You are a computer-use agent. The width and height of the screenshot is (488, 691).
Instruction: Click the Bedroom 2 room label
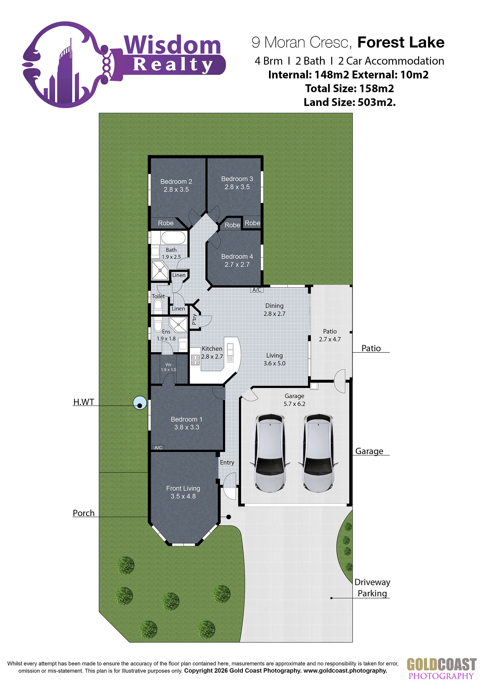176,182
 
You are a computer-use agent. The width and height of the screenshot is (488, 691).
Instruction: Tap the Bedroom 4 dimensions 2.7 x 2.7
237,265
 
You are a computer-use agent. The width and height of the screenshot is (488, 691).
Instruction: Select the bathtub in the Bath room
173,238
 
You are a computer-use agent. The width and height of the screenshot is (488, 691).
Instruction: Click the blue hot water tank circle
140,403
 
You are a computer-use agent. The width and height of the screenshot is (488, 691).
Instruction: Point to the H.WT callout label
84,402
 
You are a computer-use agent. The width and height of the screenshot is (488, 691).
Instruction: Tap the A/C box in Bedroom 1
158,448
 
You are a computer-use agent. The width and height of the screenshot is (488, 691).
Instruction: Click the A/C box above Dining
257,290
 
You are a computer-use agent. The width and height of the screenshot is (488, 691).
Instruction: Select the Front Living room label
183,488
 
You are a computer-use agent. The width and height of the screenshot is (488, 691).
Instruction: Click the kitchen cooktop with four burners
196,360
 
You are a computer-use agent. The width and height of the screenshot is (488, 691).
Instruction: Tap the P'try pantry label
194,320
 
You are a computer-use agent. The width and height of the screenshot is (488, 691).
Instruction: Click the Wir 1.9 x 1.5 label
168,367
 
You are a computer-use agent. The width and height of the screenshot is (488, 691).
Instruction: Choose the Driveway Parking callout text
372,588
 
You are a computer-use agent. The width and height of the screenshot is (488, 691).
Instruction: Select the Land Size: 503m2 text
350,102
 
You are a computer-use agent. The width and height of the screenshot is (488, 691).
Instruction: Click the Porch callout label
84,513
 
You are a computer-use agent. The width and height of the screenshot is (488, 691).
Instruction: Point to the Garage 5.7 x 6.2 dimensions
294,404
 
